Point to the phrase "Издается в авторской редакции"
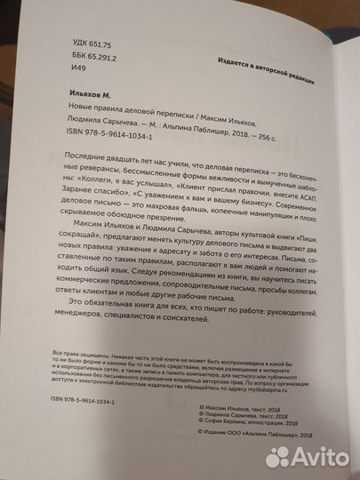click(x=263, y=68)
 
